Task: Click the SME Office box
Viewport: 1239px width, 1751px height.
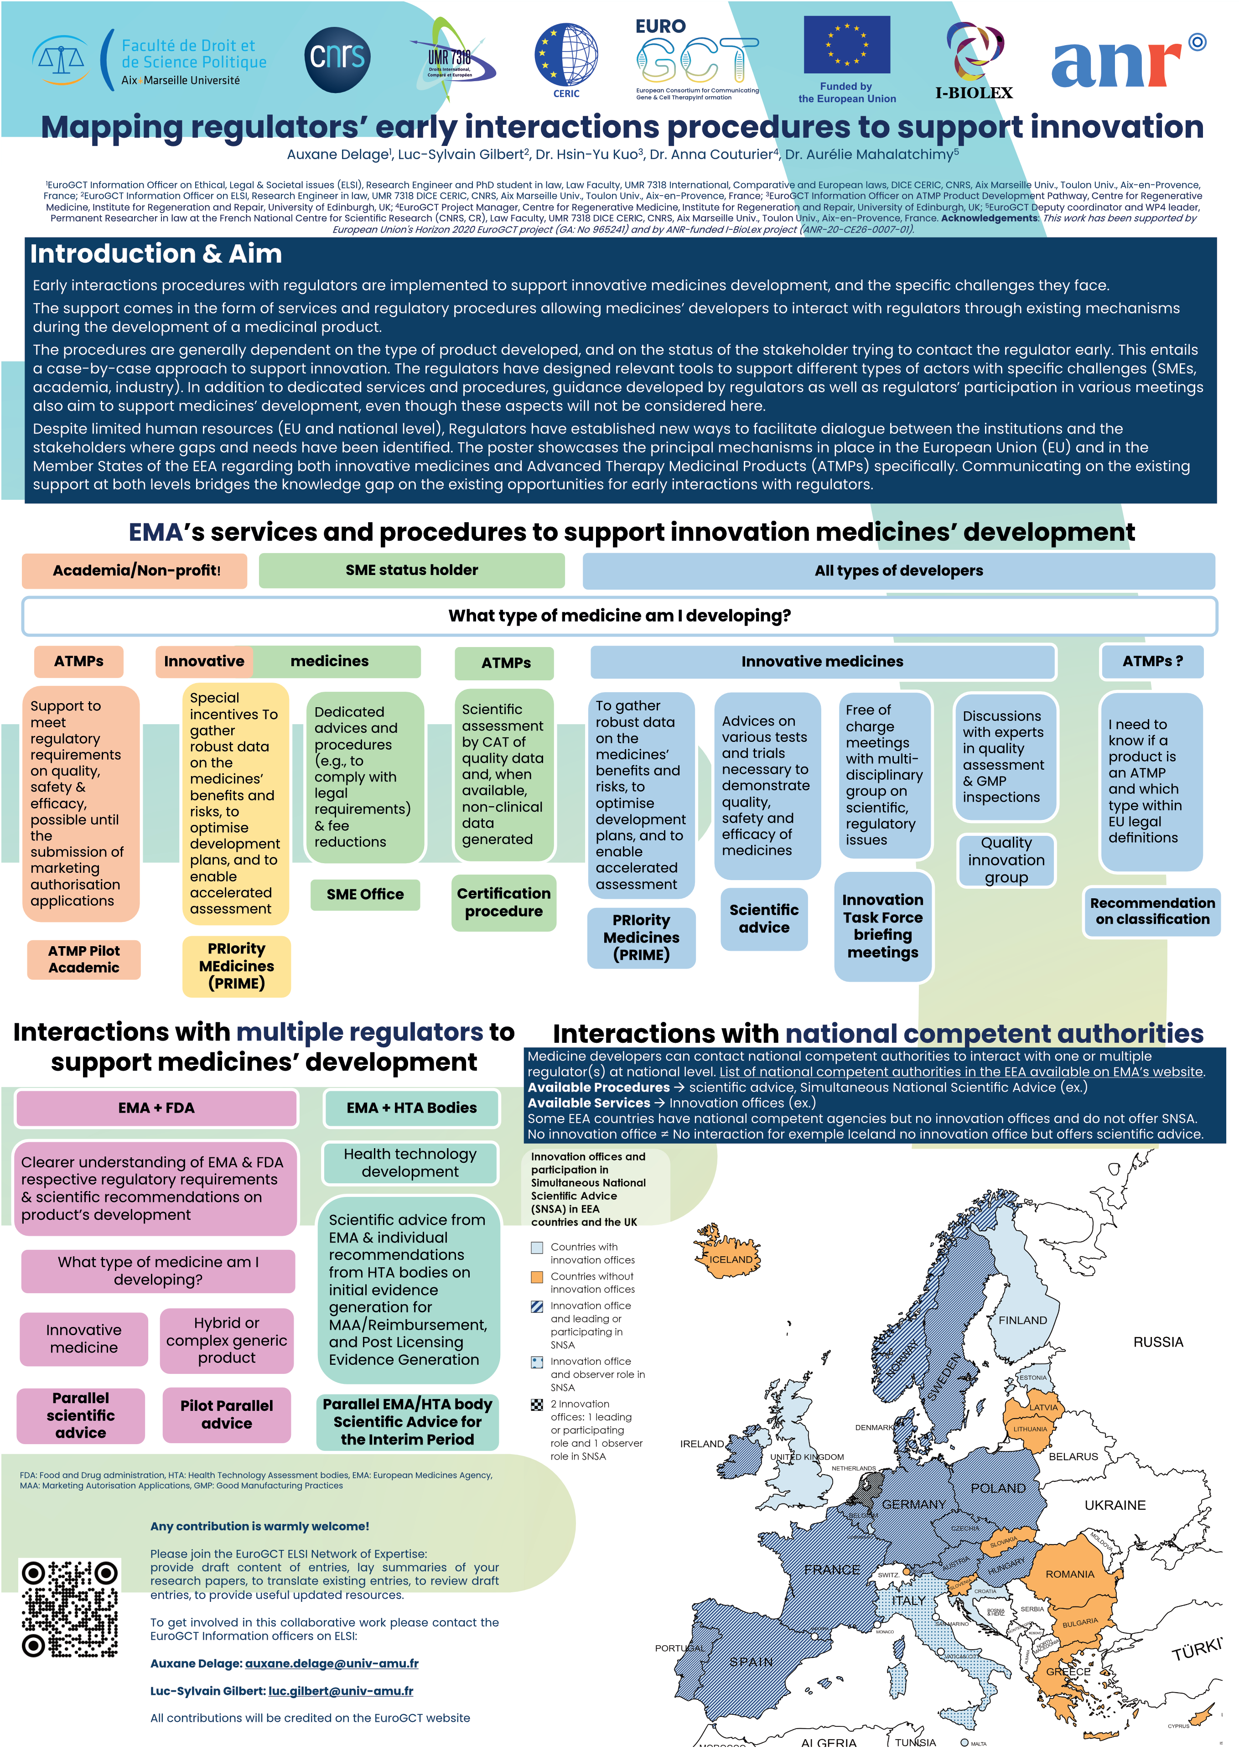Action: click(365, 894)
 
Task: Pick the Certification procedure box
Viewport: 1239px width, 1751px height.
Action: click(503, 902)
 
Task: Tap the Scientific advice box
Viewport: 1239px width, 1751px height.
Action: click(764, 919)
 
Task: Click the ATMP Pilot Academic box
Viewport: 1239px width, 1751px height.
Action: click(84, 959)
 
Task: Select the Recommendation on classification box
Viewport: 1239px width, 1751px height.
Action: click(1152, 911)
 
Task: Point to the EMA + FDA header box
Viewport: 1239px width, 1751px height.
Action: click(156, 1108)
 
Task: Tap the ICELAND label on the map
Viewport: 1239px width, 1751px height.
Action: click(731, 1259)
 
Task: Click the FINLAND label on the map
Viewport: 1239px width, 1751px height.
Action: click(1022, 1320)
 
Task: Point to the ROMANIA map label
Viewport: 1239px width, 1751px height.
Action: click(1070, 1574)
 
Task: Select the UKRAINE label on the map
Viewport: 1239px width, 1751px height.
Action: click(1115, 1505)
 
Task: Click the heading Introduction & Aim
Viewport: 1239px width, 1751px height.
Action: click(156, 254)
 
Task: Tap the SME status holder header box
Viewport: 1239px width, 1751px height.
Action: click(411, 570)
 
